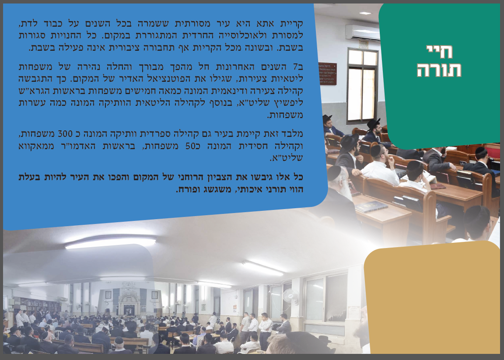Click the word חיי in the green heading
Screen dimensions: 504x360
439,52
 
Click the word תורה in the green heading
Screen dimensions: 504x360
439,70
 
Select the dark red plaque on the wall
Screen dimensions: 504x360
328,73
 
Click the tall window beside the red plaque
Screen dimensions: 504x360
363,86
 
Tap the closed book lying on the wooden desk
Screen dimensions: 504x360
371,206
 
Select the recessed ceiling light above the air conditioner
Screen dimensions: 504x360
365,13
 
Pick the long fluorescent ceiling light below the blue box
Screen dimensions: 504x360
110,243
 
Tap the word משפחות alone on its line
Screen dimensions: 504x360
285,115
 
